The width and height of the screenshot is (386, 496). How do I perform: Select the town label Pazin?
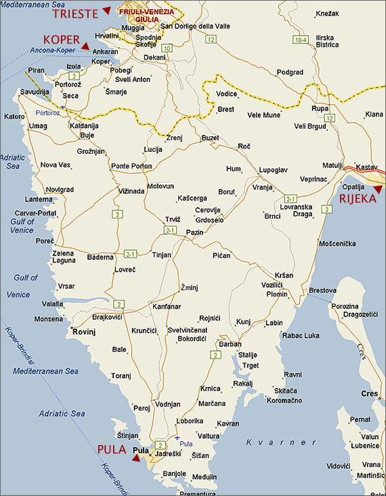(194, 232)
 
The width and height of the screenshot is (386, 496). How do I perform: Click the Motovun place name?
(160, 186)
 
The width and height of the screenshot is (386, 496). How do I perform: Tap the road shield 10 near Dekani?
(167, 48)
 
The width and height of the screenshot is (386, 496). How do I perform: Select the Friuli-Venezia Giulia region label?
(146, 16)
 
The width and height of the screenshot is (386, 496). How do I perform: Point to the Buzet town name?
(211, 138)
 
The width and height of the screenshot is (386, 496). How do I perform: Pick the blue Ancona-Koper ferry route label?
(51, 50)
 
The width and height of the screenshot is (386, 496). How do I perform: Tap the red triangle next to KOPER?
(85, 44)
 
